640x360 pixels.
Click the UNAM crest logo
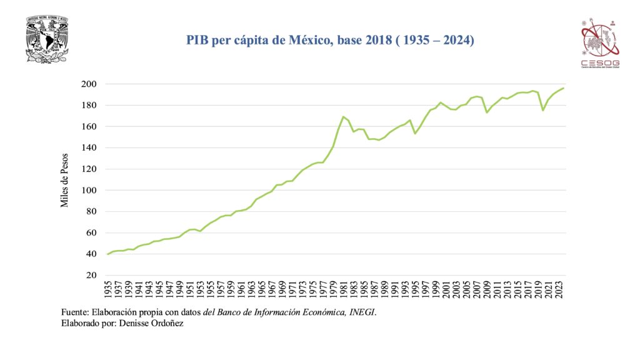(47, 40)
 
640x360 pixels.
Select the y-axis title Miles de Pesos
(64, 180)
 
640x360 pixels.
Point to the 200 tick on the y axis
(89, 84)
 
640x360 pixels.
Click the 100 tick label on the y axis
(89, 191)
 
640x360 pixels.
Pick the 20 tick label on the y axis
(91, 275)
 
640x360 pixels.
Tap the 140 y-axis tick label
(89, 148)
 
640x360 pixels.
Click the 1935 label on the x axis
(109, 291)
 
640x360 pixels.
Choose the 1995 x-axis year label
(414, 291)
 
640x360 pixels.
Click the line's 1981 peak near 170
(343, 116)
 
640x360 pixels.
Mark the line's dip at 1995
(414, 133)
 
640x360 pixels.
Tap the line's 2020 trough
(542, 110)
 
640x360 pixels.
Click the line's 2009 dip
(486, 112)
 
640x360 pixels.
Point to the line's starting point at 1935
(108, 254)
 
